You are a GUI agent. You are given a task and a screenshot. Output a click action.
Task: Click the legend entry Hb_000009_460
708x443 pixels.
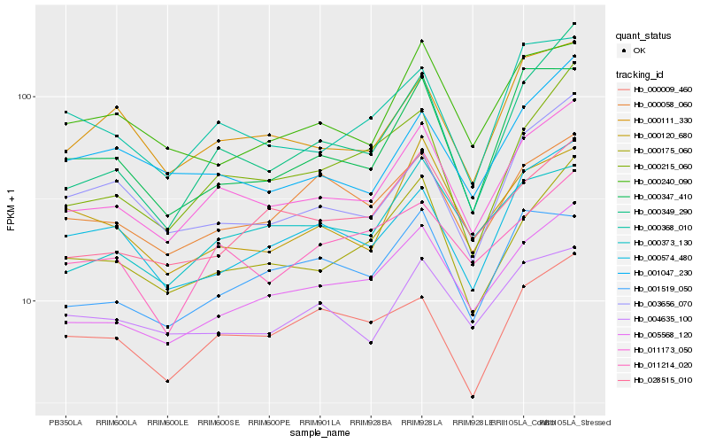(x=662, y=89)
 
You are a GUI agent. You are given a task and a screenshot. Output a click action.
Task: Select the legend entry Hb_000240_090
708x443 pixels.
(x=662, y=181)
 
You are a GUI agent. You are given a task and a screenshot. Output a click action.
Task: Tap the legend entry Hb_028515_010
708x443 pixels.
(x=662, y=379)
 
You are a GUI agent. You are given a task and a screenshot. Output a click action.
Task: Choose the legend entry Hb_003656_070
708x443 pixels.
(x=662, y=303)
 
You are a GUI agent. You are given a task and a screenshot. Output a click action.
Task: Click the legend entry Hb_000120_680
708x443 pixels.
(x=662, y=135)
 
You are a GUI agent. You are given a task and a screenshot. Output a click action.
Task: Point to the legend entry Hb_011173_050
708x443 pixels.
(x=662, y=349)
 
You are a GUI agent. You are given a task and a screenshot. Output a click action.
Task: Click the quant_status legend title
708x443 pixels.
(x=643, y=35)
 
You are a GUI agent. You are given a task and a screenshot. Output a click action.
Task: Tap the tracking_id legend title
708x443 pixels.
(x=642, y=74)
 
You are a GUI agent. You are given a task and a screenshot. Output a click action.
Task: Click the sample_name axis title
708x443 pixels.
(x=320, y=434)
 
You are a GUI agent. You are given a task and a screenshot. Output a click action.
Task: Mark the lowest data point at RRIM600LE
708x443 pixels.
(x=167, y=381)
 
